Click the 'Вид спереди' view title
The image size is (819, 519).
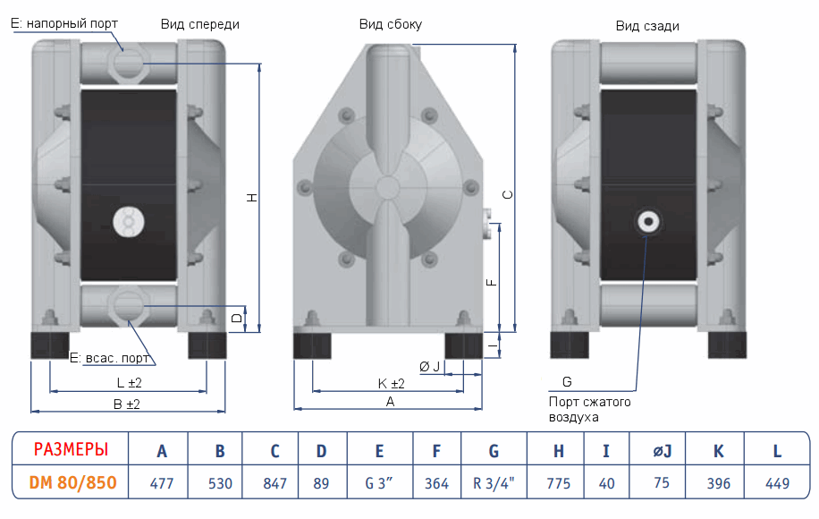tap(200, 25)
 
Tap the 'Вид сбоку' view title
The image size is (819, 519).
tap(391, 25)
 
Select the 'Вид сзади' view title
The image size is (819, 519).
tap(647, 26)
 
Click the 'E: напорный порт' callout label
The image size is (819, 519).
tap(64, 22)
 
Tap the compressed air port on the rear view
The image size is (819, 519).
tap(646, 221)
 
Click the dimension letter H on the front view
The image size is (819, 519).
tap(252, 199)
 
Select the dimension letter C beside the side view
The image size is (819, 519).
tap(507, 195)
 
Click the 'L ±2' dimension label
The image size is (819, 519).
tap(130, 382)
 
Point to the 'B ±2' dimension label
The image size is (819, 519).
tap(128, 404)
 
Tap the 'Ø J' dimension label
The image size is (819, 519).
tap(430, 367)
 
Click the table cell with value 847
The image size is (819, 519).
tap(275, 483)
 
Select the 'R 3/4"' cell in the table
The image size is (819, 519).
tap(494, 483)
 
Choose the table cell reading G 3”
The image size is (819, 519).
tap(380, 483)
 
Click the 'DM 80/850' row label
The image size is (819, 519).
tap(72, 482)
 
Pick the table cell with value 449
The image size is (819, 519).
tap(777, 483)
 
